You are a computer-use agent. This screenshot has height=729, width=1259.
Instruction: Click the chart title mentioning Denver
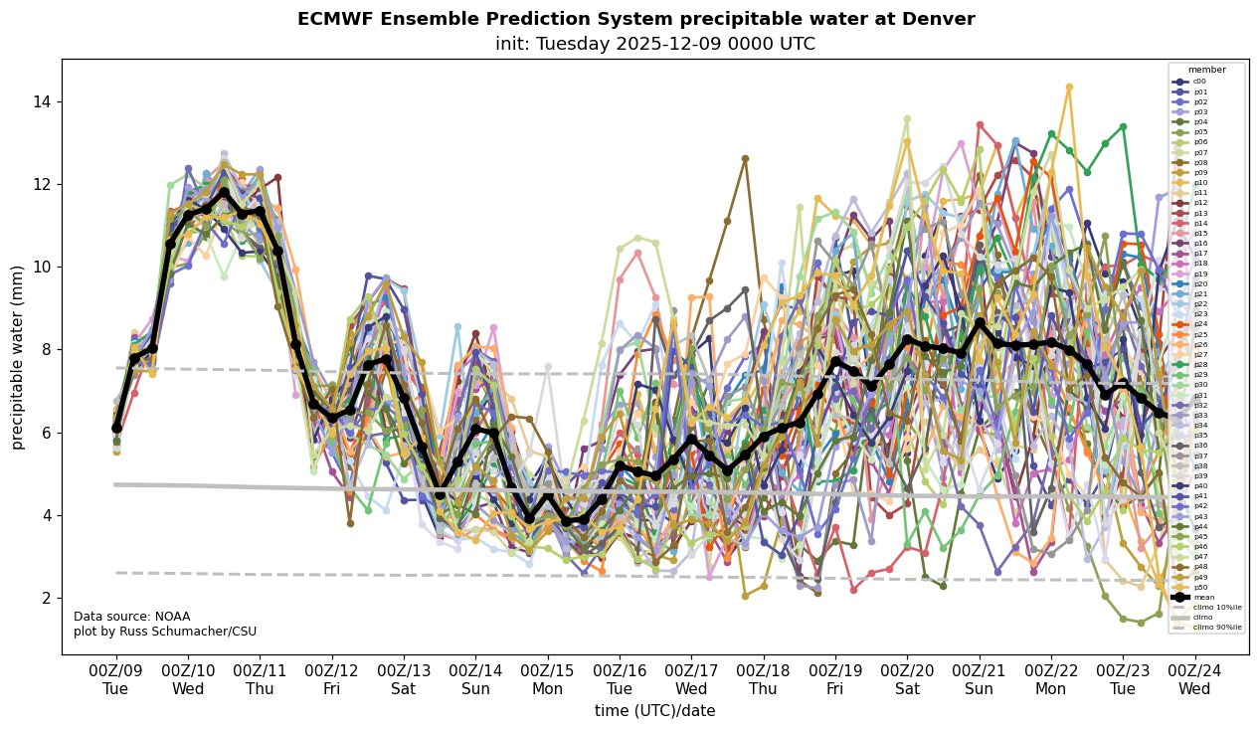pyautogui.click(x=635, y=19)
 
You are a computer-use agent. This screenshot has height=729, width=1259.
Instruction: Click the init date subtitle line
pyautogui.click(x=654, y=44)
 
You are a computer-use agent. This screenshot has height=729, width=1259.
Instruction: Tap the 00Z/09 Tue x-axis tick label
pyautogui.click(x=115, y=679)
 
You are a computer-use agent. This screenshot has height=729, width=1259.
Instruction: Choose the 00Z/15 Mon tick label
pyautogui.click(x=547, y=679)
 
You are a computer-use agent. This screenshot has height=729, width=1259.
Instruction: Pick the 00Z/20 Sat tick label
pyautogui.click(x=907, y=679)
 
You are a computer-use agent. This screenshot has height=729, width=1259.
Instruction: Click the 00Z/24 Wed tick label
pyautogui.click(x=1194, y=679)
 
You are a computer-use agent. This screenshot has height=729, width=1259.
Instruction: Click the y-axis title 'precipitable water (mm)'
pyautogui.click(x=18, y=356)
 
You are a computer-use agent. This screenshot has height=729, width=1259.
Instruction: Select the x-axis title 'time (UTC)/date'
pyautogui.click(x=654, y=710)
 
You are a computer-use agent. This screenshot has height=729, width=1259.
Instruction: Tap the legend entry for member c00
pyautogui.click(x=1199, y=82)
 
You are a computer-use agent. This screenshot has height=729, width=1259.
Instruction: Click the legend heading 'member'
pyautogui.click(x=1206, y=70)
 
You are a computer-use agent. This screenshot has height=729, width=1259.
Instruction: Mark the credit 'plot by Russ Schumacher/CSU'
pyautogui.click(x=164, y=632)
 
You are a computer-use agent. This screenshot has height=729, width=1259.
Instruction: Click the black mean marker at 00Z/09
pyautogui.click(x=116, y=428)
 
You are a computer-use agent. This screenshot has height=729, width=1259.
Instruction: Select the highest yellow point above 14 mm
pyautogui.click(x=1069, y=88)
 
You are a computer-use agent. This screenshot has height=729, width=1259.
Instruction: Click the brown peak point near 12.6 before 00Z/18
pyautogui.click(x=745, y=158)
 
